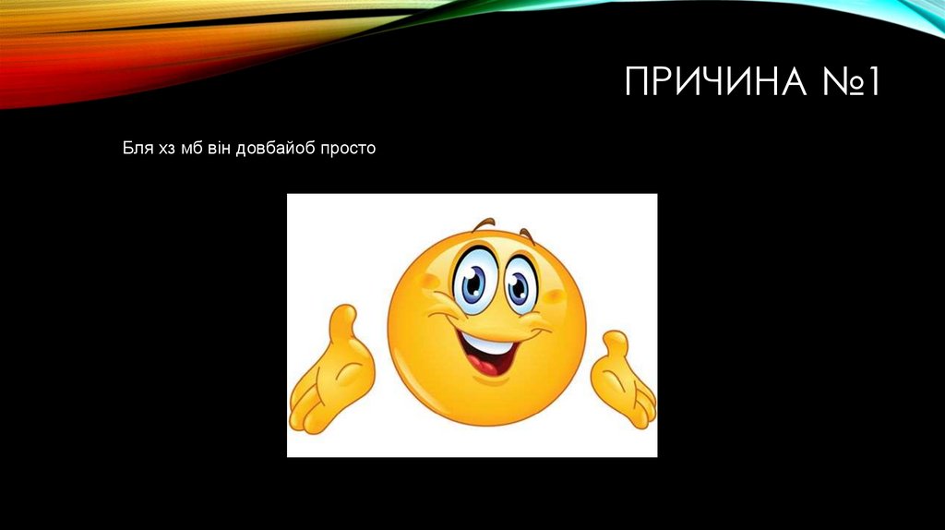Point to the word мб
click(x=191, y=148)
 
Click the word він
click(x=220, y=148)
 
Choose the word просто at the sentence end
click(x=348, y=148)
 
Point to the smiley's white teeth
click(x=487, y=345)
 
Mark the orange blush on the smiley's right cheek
click(x=553, y=296)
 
